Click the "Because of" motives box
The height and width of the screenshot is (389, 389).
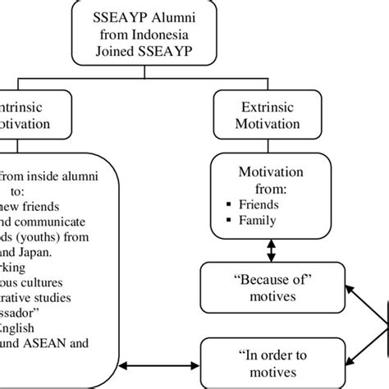(x=271, y=285)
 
